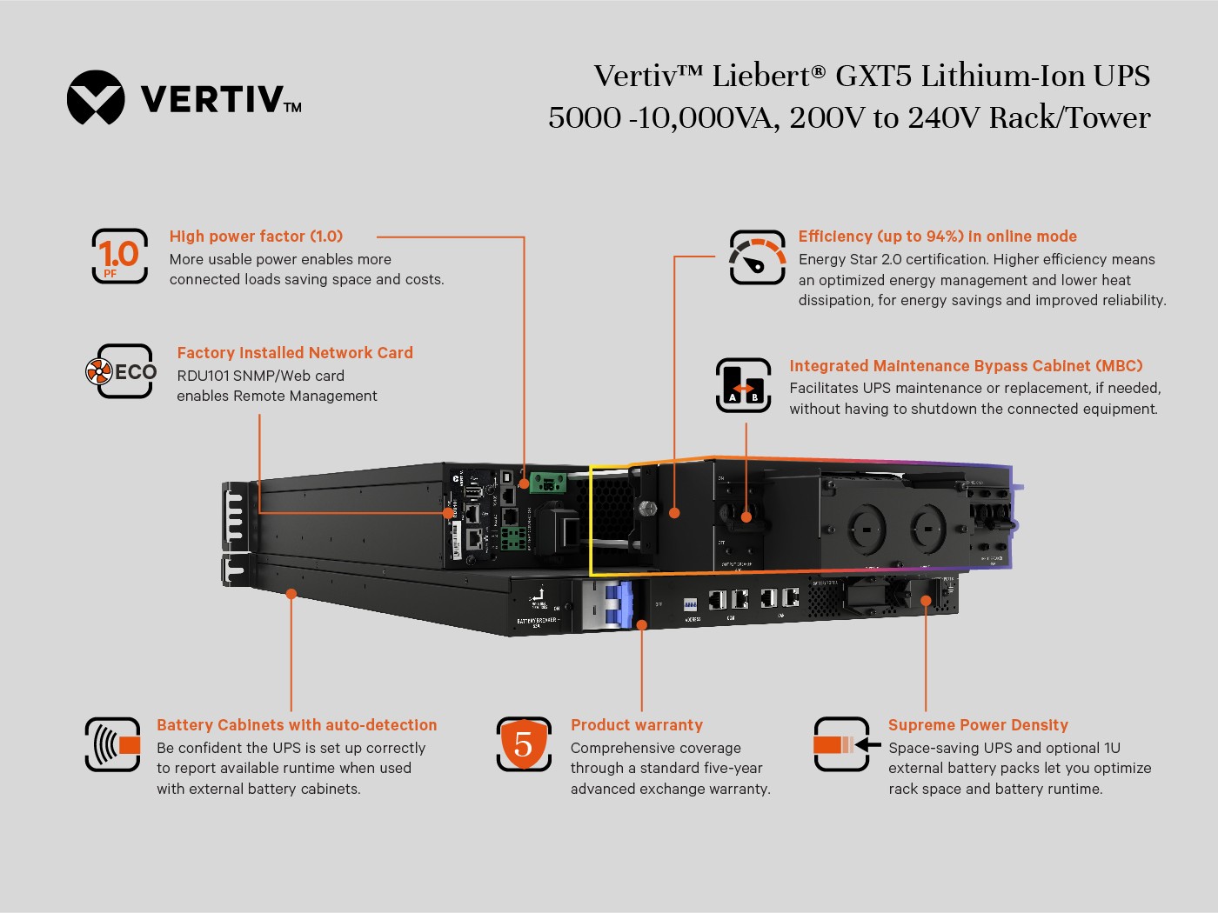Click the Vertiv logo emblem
(x=96, y=97)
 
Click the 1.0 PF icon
(x=120, y=256)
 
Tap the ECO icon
(x=122, y=371)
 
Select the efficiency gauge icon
(x=757, y=257)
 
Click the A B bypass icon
(x=743, y=385)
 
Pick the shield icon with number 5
(x=524, y=744)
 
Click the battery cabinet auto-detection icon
(x=113, y=744)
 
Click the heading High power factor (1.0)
(x=256, y=237)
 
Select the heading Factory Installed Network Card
(x=295, y=353)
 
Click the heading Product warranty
(x=636, y=725)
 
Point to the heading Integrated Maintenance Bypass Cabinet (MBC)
(x=966, y=366)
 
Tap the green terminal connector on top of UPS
(x=549, y=482)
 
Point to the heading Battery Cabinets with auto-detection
(x=297, y=725)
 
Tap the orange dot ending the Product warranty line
(x=641, y=625)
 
